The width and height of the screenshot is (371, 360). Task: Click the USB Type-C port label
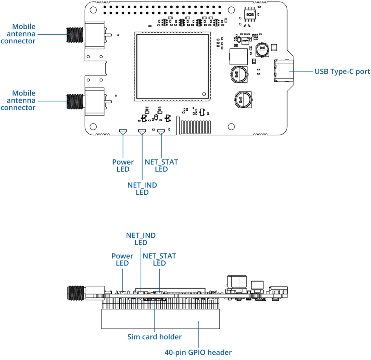[x=342, y=72]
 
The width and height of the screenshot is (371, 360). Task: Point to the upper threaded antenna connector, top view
[x=75, y=35]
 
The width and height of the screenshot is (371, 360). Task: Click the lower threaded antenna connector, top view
[x=75, y=102]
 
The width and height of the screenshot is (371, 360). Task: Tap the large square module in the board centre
[x=173, y=67]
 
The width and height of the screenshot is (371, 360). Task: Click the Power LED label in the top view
[x=123, y=166]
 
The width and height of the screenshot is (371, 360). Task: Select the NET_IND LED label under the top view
[x=142, y=188]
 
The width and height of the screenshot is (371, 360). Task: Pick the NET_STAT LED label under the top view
[x=161, y=166]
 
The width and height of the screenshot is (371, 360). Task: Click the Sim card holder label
[x=154, y=337]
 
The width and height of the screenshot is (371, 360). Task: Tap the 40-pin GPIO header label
[x=198, y=352]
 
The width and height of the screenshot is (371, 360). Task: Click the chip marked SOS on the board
[x=250, y=15]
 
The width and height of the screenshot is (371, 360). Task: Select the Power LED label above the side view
[x=122, y=260]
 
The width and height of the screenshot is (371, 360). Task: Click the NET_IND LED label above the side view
[x=141, y=239]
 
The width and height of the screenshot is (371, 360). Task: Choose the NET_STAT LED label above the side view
[x=159, y=260]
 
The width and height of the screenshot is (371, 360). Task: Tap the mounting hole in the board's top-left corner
[x=93, y=10]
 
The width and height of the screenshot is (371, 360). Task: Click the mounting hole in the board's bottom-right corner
[x=231, y=126]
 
